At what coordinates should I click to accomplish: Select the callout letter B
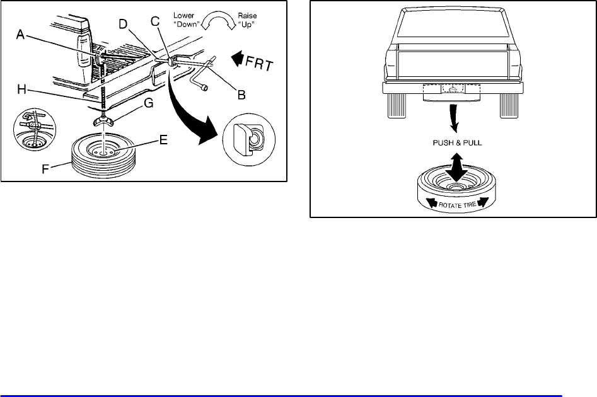tap(241, 96)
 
